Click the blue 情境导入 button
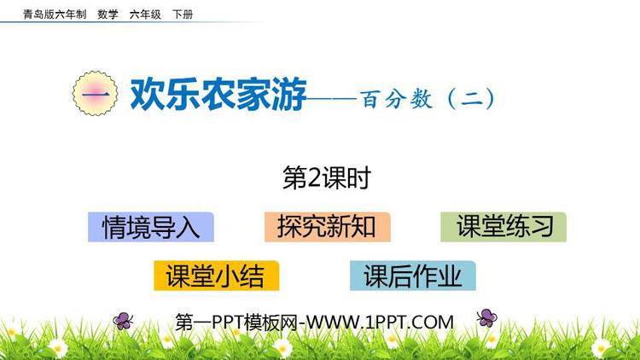(x=151, y=227)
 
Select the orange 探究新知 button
(x=328, y=227)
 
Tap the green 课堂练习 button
(x=503, y=227)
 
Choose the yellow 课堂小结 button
(x=217, y=276)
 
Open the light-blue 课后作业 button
(x=413, y=276)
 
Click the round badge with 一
(x=95, y=94)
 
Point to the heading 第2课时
(x=327, y=178)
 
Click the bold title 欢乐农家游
(x=218, y=95)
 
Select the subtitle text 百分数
(x=396, y=99)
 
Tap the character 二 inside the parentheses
(x=471, y=99)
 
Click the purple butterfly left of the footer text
(x=123, y=321)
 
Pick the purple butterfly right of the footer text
(x=486, y=318)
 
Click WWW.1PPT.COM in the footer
(x=380, y=322)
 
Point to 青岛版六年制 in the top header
(x=55, y=15)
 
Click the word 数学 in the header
(x=108, y=15)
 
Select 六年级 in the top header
(x=145, y=15)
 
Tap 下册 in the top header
(x=183, y=15)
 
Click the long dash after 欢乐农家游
(x=332, y=98)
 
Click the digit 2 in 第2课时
(x=314, y=178)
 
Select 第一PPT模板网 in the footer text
(x=236, y=322)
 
